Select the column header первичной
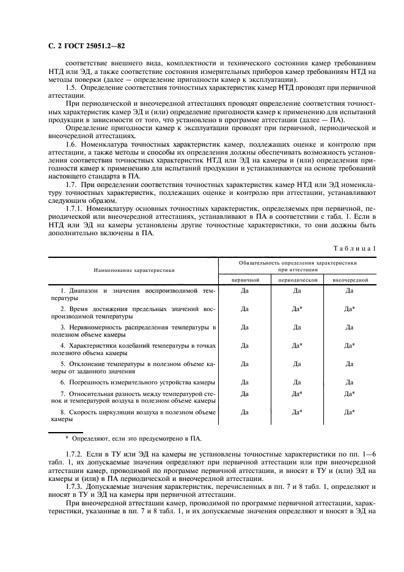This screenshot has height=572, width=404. (x=244, y=279)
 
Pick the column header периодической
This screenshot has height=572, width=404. (x=298, y=279)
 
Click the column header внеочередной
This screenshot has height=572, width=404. (x=350, y=279)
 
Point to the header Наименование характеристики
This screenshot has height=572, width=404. (x=134, y=269)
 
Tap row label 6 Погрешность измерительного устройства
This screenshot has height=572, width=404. (x=138, y=382)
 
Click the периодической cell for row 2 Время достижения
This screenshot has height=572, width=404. (x=298, y=309)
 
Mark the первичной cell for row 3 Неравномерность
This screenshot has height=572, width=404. (x=244, y=328)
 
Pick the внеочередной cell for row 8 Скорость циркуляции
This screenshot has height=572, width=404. (x=350, y=413)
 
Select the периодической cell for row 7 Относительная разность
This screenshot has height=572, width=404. (x=298, y=394)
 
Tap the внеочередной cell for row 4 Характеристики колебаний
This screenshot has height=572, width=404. (x=350, y=346)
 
